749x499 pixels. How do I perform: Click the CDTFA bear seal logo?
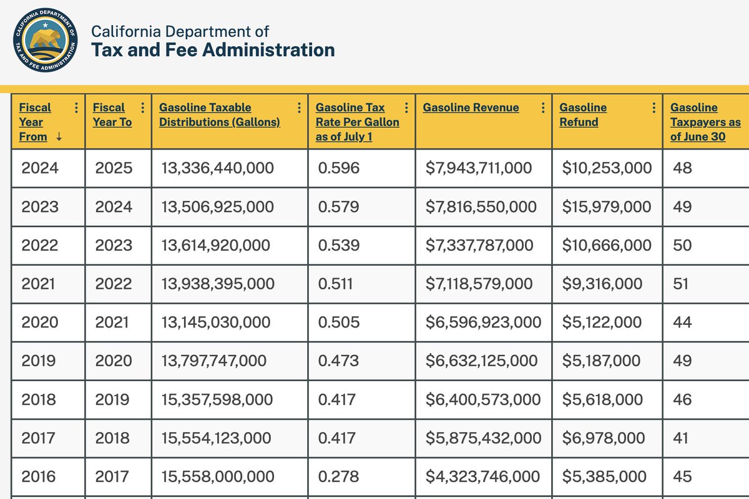[46, 41]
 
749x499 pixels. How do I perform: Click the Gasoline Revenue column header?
[471, 107]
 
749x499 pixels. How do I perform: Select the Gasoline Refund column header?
[583, 115]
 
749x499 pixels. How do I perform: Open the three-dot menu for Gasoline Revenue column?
[543, 107]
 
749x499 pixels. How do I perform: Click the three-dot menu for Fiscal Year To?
[143, 107]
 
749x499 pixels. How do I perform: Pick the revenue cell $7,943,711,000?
[479, 168]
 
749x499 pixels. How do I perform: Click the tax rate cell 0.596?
[338, 168]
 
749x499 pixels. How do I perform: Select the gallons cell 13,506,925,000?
[217, 206]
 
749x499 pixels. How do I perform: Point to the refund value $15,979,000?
[607, 206]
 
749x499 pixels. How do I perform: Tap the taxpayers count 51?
[681, 284]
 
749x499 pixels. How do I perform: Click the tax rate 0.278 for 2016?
[338, 477]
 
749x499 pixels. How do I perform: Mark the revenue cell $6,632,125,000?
[481, 361]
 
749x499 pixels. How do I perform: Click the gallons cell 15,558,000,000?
[217, 477]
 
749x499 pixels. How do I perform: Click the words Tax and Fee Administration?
[213, 50]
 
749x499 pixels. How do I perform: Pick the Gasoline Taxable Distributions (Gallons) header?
[220, 115]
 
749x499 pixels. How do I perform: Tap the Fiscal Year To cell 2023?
[114, 245]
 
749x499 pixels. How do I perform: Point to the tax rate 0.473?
[338, 361]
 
